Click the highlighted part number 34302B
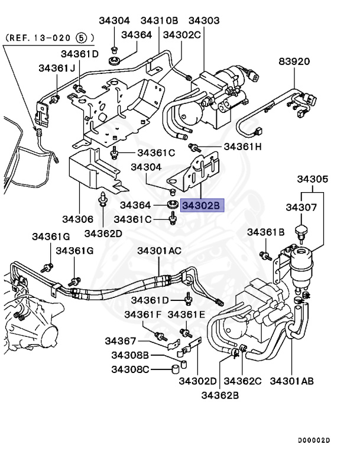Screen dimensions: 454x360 click(200, 205)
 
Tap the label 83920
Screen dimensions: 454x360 click(294, 61)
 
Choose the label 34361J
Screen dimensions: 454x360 click(57, 68)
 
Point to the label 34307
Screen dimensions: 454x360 click(302, 207)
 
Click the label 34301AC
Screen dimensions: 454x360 click(160, 251)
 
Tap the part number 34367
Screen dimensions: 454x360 click(121, 340)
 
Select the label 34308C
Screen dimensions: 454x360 click(130, 370)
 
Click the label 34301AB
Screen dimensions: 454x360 click(292, 381)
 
